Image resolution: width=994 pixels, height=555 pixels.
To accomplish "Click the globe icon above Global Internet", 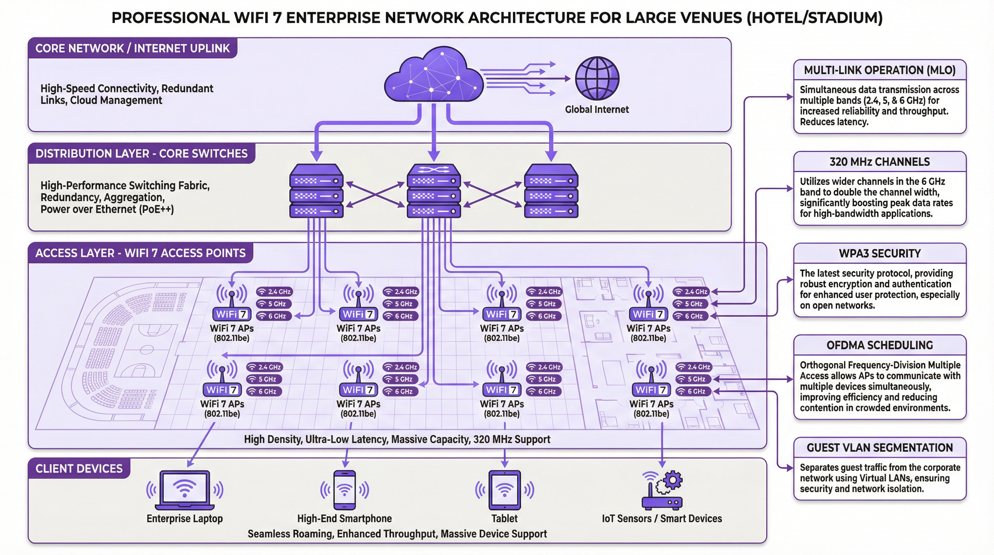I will click(597, 78).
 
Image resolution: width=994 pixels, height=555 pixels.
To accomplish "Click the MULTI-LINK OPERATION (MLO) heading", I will click(880, 70).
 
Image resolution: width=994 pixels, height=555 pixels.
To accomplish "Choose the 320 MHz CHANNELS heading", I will click(880, 162).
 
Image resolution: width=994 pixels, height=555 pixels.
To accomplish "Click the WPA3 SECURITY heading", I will click(880, 254).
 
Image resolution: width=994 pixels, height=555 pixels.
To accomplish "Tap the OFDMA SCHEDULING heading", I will click(880, 345).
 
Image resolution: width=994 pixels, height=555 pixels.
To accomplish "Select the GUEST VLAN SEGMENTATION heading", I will click(880, 448).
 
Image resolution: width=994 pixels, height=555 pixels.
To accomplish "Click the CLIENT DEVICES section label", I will click(79, 469).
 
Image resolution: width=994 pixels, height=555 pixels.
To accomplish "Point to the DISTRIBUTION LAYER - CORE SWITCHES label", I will click(141, 154).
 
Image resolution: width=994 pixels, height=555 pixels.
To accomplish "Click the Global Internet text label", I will click(597, 109).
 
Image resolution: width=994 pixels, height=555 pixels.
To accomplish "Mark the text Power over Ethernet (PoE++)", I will click(107, 210).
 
